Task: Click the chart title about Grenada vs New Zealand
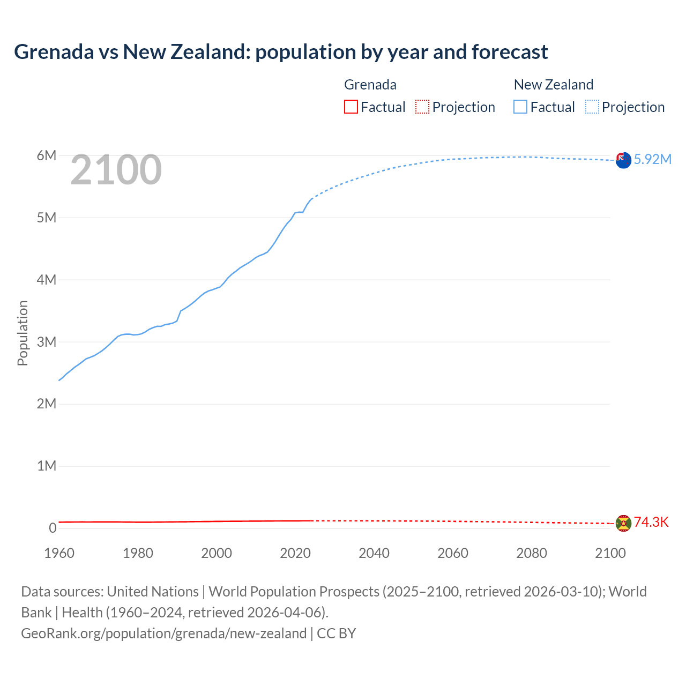point(281,52)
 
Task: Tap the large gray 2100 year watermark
point(116,170)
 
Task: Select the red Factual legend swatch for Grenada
point(351,107)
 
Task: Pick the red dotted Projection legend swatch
point(422,107)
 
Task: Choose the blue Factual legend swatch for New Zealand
point(520,107)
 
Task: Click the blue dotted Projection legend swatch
point(592,107)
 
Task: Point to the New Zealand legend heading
point(553,85)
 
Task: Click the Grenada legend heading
point(370,85)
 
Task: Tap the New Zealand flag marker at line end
point(623,160)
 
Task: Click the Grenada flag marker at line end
point(623,523)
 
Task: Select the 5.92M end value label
point(652,159)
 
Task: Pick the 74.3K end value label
point(651,523)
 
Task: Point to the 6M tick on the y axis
point(47,155)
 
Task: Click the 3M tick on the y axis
point(47,342)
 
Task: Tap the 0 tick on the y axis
point(53,528)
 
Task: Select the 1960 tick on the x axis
point(59,553)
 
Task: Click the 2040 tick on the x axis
point(374,553)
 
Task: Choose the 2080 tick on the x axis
point(532,553)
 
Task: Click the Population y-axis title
point(23,333)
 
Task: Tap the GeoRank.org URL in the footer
point(163,633)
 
